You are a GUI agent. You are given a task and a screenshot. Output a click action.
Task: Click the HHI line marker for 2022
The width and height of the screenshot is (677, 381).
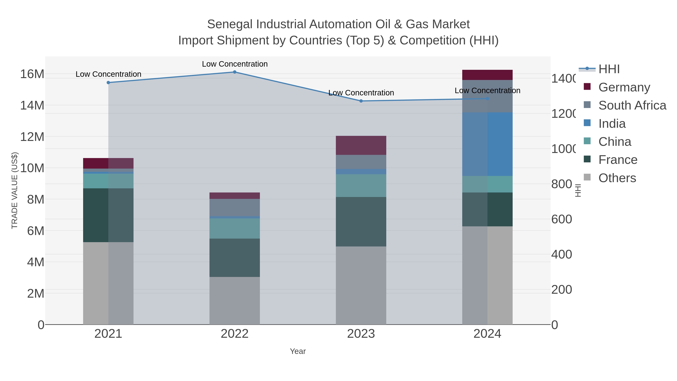coord(235,72)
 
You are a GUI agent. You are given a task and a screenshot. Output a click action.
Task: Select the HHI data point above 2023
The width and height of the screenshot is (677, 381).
coord(361,101)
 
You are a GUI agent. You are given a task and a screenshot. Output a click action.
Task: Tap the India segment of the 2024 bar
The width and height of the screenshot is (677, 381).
coord(487,144)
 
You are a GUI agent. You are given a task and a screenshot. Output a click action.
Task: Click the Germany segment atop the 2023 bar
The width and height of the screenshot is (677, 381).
coord(361,145)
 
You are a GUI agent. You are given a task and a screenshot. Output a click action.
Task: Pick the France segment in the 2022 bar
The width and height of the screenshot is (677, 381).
coord(235,258)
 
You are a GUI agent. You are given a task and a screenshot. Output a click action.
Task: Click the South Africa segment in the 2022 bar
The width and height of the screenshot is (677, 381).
coord(235,208)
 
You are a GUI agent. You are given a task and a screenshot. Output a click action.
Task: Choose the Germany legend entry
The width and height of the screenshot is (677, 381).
coord(624,87)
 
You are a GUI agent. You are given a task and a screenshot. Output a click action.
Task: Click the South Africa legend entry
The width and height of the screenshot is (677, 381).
coord(632,105)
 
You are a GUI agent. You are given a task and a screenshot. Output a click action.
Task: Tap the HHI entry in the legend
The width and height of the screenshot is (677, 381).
coord(609,69)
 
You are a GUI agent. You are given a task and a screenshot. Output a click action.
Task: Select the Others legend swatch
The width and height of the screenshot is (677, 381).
coord(587,177)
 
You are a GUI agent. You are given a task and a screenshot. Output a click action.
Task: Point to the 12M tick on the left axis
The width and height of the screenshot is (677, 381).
coord(32,137)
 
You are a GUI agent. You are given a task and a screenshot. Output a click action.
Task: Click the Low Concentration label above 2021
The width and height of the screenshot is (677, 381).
coord(108,74)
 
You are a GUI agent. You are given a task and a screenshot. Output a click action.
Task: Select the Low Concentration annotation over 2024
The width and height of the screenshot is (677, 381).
coord(487,90)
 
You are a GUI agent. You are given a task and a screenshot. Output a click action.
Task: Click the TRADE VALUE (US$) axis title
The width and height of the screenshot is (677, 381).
coord(14,190)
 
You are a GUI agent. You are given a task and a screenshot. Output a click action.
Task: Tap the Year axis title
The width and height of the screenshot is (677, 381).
coord(298,351)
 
